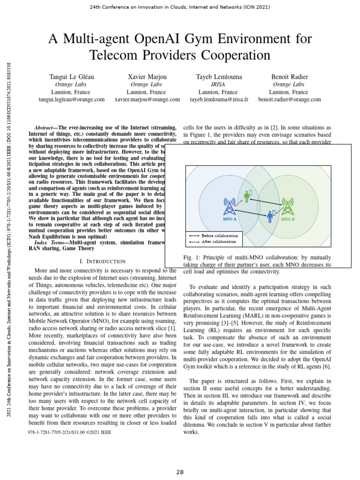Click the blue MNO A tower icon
(x=229, y=206)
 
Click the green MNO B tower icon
(x=287, y=207)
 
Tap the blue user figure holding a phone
(x=270, y=216)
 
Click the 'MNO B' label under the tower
(x=287, y=219)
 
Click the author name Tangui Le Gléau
(x=71, y=76)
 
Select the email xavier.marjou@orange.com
(x=147, y=99)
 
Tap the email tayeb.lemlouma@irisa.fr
(x=218, y=99)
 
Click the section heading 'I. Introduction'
(x=102, y=261)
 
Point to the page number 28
(x=180, y=472)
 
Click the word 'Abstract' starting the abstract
(x=46, y=128)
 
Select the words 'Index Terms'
(x=50, y=242)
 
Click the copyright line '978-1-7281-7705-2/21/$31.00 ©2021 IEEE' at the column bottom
(x=70, y=432)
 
